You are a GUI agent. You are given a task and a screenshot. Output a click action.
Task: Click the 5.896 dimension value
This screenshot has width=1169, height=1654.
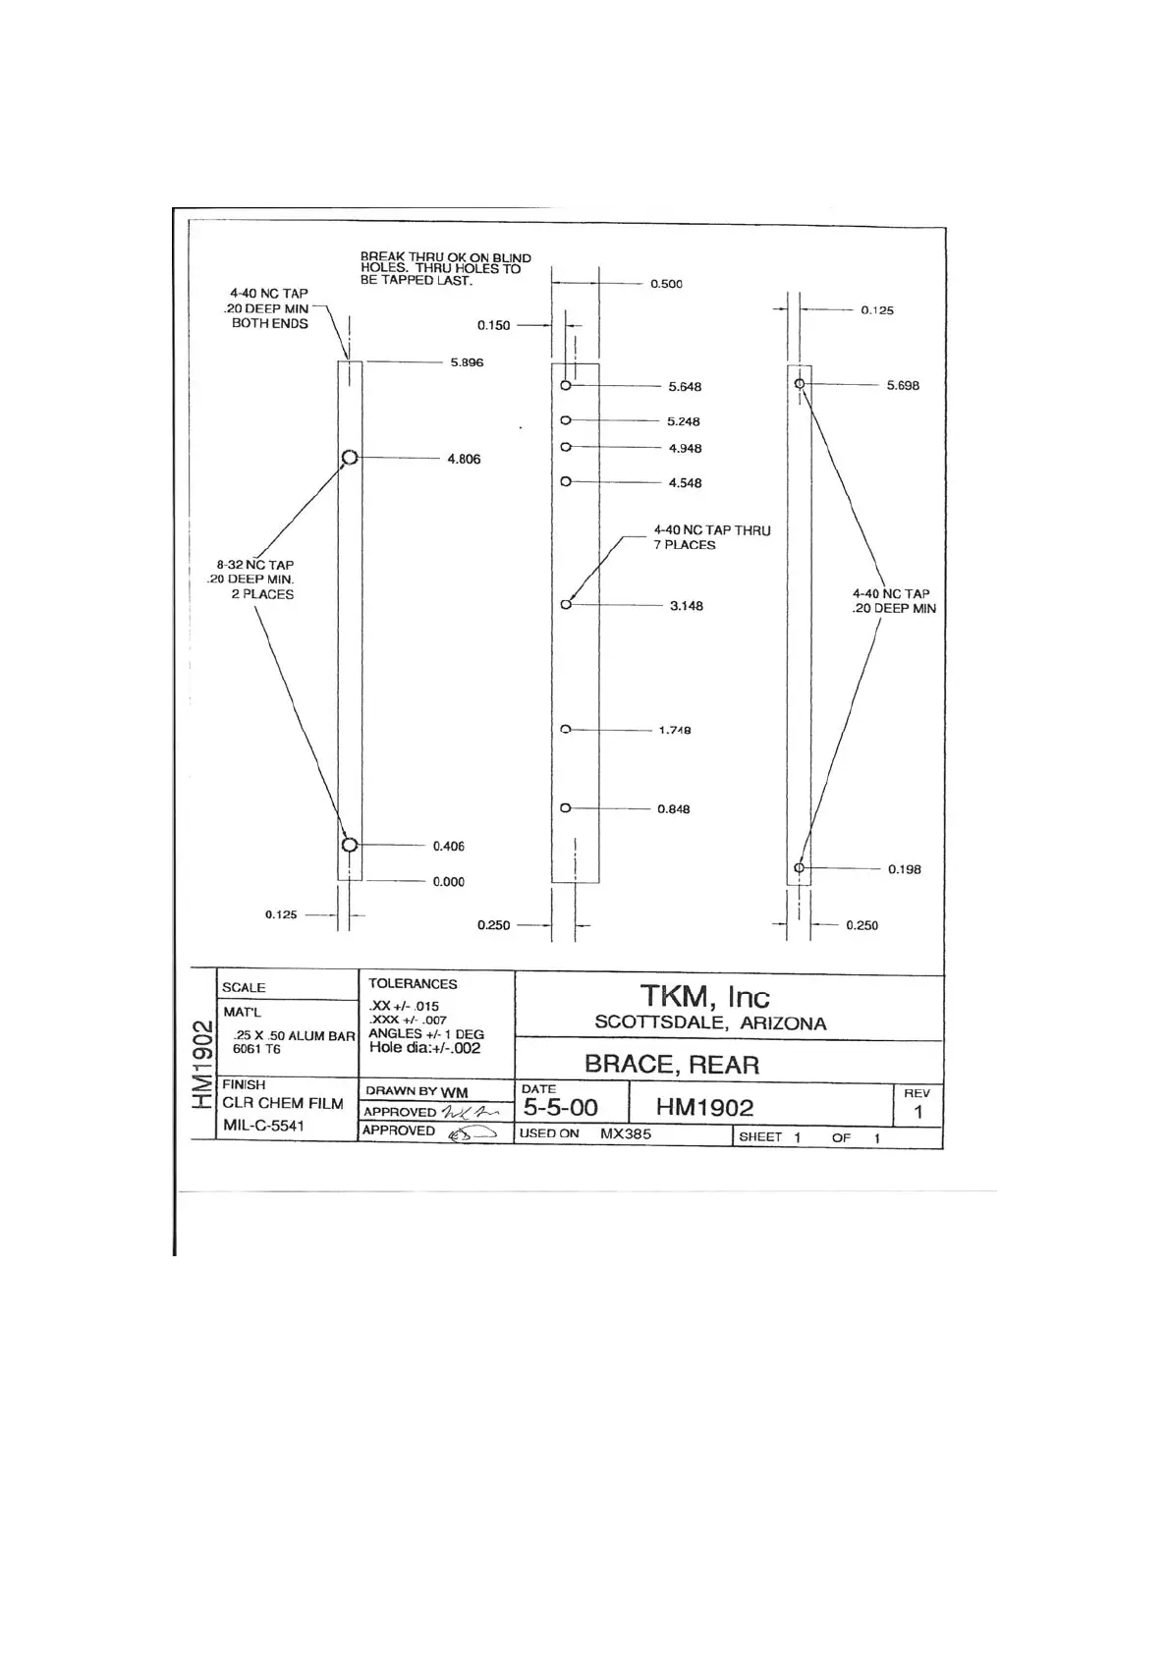(467, 362)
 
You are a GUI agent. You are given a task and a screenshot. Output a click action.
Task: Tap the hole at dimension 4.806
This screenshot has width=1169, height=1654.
(349, 458)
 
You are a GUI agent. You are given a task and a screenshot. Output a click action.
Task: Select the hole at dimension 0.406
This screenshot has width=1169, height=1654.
(350, 845)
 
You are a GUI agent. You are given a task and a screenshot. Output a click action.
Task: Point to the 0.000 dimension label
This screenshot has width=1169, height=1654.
(448, 882)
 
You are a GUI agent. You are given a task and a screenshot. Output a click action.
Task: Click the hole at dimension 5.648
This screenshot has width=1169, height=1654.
(566, 386)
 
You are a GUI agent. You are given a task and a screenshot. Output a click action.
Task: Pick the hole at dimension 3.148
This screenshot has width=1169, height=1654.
(566, 605)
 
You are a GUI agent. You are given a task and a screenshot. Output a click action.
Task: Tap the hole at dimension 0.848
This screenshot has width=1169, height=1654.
(565, 808)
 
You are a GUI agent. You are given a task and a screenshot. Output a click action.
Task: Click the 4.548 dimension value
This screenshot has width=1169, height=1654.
(685, 483)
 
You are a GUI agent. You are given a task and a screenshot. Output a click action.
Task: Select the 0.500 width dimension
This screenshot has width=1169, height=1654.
(666, 284)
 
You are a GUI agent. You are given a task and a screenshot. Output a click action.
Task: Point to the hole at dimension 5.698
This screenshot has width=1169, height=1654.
(800, 383)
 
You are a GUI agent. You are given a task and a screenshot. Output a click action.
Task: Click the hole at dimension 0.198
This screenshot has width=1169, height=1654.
(800, 868)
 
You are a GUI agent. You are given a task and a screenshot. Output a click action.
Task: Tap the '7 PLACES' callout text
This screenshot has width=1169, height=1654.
(685, 545)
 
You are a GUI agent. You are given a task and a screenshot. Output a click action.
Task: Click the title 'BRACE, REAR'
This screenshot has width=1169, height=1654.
(671, 1065)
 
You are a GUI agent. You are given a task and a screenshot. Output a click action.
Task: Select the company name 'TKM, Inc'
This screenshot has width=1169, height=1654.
(704, 997)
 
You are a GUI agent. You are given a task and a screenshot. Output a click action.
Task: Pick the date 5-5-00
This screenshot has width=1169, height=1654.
(560, 1108)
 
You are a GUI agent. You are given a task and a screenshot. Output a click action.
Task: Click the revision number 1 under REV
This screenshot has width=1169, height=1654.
(918, 1113)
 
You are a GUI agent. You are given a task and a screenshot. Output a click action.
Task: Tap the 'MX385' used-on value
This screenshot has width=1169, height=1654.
(625, 1133)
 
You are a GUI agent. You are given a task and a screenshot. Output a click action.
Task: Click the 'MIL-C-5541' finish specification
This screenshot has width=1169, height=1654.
(263, 1126)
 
